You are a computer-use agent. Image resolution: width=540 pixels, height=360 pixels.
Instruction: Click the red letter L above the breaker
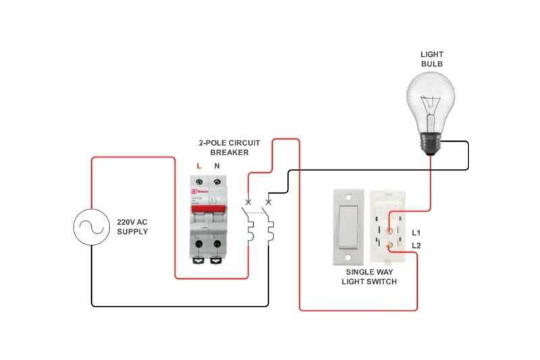pyautogui.click(x=198, y=165)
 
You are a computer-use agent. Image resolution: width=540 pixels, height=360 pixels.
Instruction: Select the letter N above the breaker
pyautogui.click(x=217, y=165)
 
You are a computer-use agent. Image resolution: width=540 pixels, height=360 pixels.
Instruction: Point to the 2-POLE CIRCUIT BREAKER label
pyautogui.click(x=225, y=148)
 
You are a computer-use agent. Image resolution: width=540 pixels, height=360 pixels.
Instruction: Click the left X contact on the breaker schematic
pyautogui.click(x=248, y=202)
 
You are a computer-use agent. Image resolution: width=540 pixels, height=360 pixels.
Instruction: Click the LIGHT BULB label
pyautogui.click(x=432, y=59)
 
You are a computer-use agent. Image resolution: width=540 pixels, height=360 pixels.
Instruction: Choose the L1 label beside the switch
pyautogui.click(x=416, y=232)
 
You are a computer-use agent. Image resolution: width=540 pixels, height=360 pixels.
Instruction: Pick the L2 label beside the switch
pyautogui.click(x=416, y=245)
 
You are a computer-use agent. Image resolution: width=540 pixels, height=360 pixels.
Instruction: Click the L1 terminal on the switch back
pyautogui.click(x=389, y=232)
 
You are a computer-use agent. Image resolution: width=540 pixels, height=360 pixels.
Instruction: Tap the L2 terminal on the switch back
pyautogui.click(x=389, y=248)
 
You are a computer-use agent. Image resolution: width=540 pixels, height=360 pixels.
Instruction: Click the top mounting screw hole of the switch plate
pyautogui.click(x=349, y=198)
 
